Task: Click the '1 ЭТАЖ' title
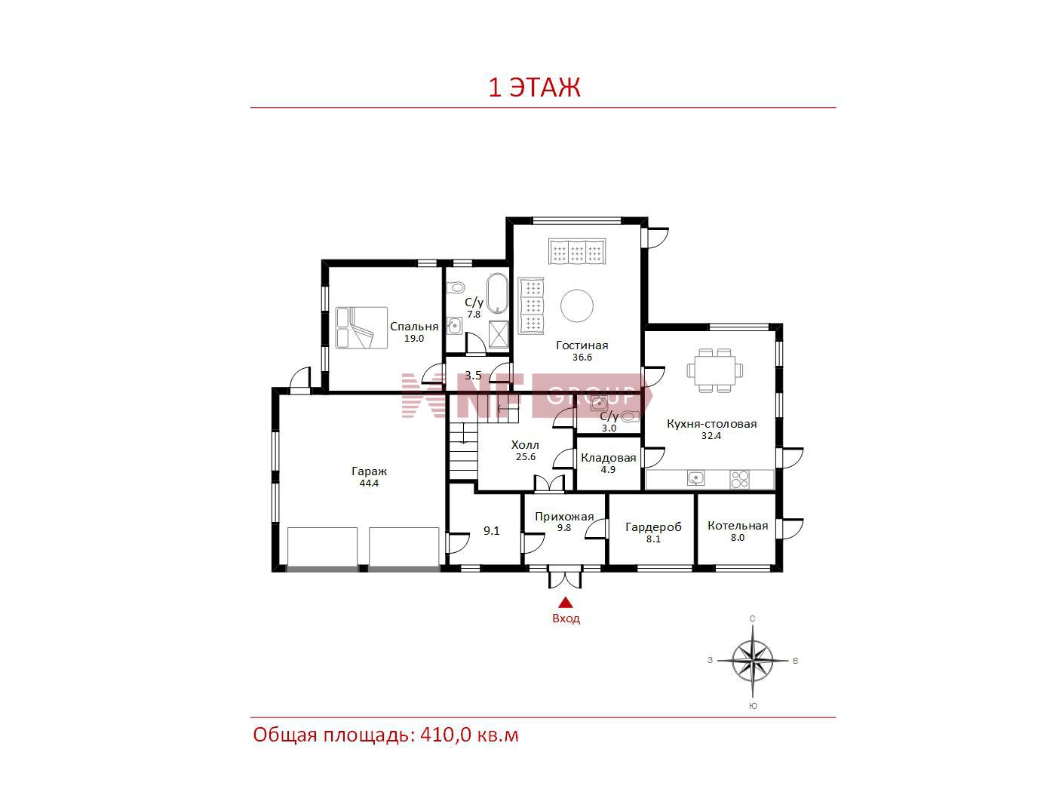[x=534, y=87]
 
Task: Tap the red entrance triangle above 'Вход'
[x=566, y=602]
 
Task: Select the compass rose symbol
[x=753, y=661]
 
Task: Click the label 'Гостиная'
[x=582, y=345]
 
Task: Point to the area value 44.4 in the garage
[x=369, y=483]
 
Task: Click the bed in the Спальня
[x=361, y=327]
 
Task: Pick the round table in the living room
[x=577, y=305]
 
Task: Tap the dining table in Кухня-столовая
[x=715, y=371]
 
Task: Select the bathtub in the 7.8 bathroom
[x=497, y=293]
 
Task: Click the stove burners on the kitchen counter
[x=739, y=479]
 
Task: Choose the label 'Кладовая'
[x=608, y=458]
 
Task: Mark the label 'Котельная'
[x=738, y=526]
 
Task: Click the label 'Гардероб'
[x=653, y=527]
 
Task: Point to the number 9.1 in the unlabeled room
[x=491, y=531]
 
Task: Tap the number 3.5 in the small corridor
[x=473, y=375]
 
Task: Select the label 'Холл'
[x=525, y=445]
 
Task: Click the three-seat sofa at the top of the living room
[x=577, y=251]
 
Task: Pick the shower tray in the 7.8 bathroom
[x=499, y=333]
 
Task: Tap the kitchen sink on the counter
[x=695, y=478]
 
